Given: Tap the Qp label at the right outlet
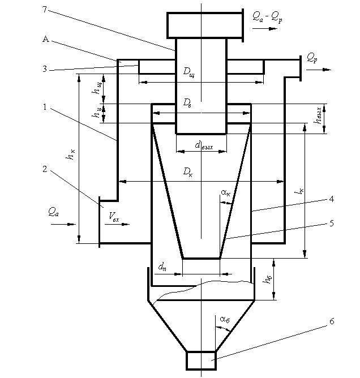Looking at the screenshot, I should tap(312, 58).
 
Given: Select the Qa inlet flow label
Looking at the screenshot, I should tap(54, 212).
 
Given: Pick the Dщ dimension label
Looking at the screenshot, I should tap(188, 72).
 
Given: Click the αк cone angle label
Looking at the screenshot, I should tap(225, 193).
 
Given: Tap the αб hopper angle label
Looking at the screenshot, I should tap(225, 320).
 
